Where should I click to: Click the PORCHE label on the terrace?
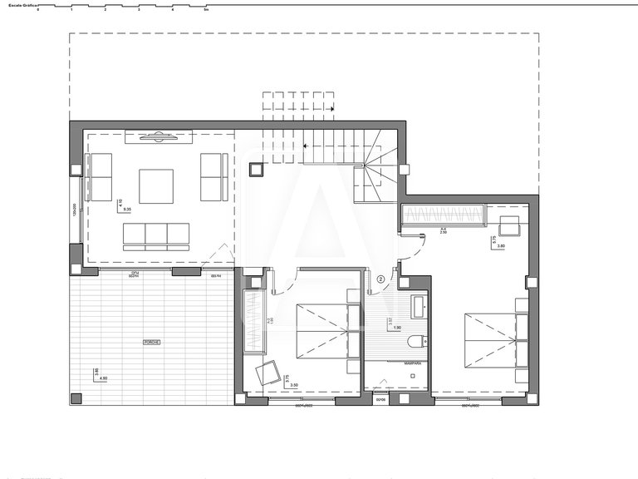(x=151, y=342)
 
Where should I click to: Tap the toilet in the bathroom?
(x=415, y=338)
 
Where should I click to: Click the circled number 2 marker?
(x=380, y=280)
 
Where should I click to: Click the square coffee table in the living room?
(x=156, y=186)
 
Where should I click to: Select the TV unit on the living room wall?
(x=159, y=136)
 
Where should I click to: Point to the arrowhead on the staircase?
(x=331, y=108)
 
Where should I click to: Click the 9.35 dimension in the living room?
(x=128, y=209)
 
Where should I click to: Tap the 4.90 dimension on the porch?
(x=103, y=378)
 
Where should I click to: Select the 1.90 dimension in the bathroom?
(x=397, y=328)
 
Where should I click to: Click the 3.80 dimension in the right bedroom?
(x=501, y=246)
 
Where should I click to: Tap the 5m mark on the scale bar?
(x=206, y=10)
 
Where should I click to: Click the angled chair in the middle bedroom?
(x=268, y=372)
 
